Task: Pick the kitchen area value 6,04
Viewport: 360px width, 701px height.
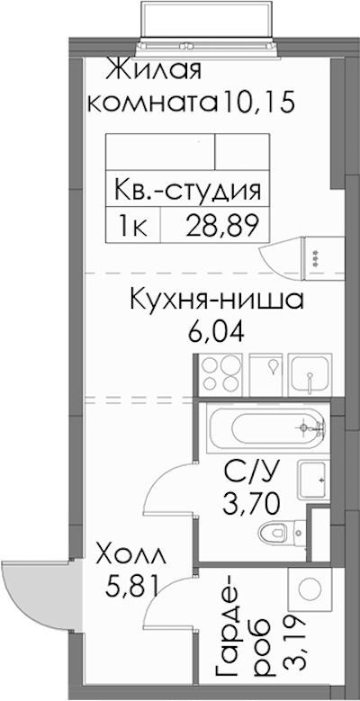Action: [x=216, y=331]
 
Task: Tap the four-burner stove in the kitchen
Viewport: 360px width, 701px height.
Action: [x=220, y=374]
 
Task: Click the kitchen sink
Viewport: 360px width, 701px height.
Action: [x=310, y=374]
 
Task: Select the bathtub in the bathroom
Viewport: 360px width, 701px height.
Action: [x=267, y=428]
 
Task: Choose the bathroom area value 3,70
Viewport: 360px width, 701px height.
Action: [x=252, y=505]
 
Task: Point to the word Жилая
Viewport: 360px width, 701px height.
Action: [x=155, y=71]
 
